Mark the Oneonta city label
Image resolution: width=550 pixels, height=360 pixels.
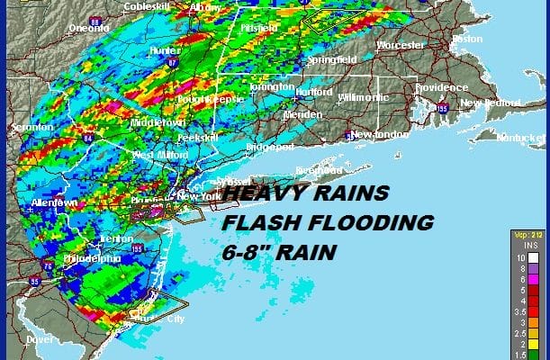point(89,28)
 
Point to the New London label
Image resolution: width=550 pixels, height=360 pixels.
point(375,135)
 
